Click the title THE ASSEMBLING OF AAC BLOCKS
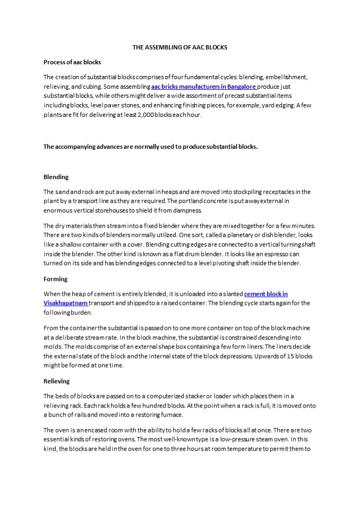(x=179, y=47)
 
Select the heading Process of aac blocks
(x=72, y=62)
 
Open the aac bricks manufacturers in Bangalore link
(x=203, y=86)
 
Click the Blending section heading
(x=56, y=177)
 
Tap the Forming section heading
(x=55, y=278)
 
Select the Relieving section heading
(x=56, y=381)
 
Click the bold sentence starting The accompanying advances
(x=150, y=146)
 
